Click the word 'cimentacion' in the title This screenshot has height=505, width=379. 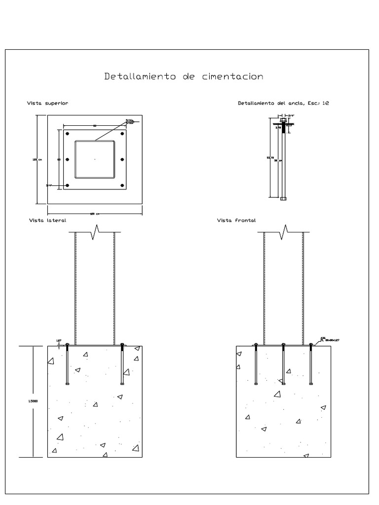[233, 76]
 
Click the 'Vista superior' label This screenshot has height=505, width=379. [47, 104]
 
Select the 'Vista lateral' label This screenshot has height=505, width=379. [48, 220]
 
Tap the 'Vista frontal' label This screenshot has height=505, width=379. [236, 220]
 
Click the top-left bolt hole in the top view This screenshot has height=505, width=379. [67, 134]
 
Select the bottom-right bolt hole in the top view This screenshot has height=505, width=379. [122, 185]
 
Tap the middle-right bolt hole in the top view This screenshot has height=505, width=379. [122, 159]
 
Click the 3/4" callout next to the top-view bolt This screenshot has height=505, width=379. [49, 185]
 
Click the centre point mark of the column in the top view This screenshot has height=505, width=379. [95, 159]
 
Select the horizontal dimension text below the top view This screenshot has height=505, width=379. [95, 214]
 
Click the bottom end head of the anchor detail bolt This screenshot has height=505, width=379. [283, 199]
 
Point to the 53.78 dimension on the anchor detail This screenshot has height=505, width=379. [270, 158]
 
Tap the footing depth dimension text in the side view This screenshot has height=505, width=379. [30, 401]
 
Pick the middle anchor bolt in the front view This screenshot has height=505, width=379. [283, 364]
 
